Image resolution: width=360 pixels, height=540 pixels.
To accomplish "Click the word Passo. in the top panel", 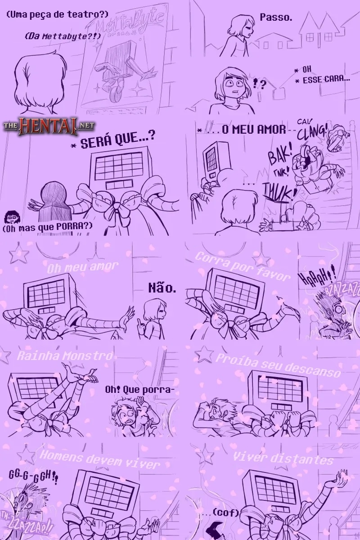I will [276, 18].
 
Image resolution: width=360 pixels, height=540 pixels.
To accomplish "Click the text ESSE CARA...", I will [326, 79].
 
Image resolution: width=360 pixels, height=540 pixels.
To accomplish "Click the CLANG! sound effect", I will [313, 131].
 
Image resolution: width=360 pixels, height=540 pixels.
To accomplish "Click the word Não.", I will [162, 288].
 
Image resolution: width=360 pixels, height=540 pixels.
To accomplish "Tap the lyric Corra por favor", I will [243, 266].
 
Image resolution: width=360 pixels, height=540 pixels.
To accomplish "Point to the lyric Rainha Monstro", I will [65, 356].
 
